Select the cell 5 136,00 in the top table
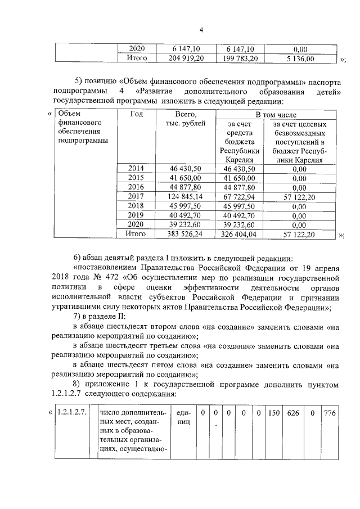pos(300,58)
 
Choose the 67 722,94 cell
pos(239,196)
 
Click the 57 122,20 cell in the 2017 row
pos(299,196)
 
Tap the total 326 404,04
pos(239,233)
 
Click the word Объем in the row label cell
pos(69,114)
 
